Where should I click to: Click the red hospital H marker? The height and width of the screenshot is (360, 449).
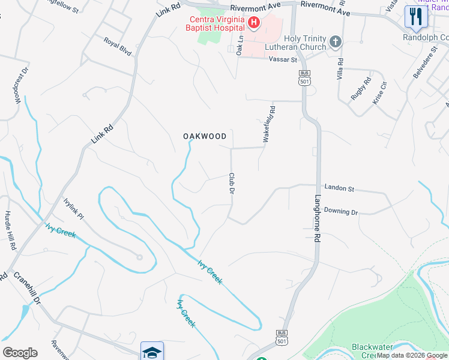tap(253, 23)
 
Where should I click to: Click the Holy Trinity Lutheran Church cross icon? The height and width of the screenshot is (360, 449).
tap(336, 42)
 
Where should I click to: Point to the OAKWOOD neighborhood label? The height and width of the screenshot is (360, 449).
tap(205, 136)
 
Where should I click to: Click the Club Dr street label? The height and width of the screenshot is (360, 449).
tap(231, 184)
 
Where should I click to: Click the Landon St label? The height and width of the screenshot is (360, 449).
tap(339, 188)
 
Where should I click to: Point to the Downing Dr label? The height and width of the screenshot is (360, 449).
tap(340, 212)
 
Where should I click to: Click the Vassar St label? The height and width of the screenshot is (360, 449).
tap(283, 60)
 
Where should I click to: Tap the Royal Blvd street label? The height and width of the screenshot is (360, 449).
tap(117, 47)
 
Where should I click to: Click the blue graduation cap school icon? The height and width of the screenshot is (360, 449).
tap(152, 352)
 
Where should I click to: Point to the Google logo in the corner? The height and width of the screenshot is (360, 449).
tap(20, 353)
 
